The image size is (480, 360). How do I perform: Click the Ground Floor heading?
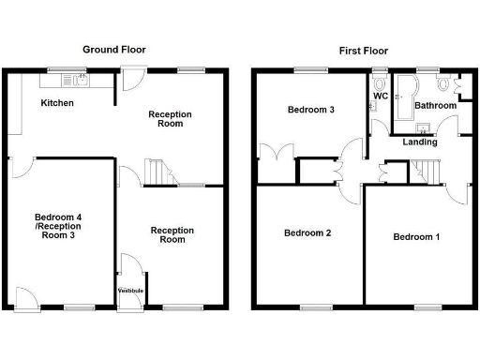[x=114, y=50]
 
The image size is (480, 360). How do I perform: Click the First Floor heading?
[x=364, y=50]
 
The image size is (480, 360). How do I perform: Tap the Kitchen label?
[x=57, y=103]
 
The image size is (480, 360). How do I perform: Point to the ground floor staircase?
[x=157, y=172]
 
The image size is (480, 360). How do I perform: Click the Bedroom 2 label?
[x=308, y=232]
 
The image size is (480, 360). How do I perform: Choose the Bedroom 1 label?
[x=416, y=236]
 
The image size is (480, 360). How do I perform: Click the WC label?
[x=381, y=96]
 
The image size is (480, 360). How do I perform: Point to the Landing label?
[x=418, y=142]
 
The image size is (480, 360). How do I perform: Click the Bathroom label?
[x=435, y=106]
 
